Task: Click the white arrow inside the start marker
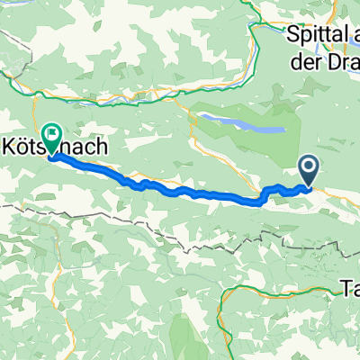(x=309, y=166)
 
